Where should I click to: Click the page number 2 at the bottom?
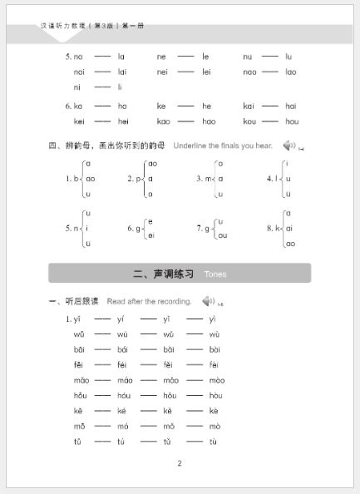coord(180,463)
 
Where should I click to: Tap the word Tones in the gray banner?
coord(215,274)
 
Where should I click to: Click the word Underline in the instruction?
coord(193,146)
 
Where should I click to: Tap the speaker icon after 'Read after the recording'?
coord(207,301)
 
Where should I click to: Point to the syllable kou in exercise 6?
coord(249,121)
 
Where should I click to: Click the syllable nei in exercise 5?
coord(162,72)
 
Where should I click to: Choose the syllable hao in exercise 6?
coord(206,121)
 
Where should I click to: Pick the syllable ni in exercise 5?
coord(77,86)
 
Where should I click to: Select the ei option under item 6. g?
coord(150,235)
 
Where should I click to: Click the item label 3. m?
coord(202,178)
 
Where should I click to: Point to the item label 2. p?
coord(133,178)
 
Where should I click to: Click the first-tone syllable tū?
coord(77,442)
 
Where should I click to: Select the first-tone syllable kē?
coord(77,411)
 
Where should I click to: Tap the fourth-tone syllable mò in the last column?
coord(214,427)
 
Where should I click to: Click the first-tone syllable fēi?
coord(78,364)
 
